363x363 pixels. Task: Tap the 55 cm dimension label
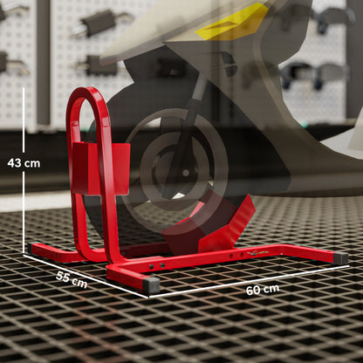pos(71,280)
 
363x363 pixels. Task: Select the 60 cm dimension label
pos(262,289)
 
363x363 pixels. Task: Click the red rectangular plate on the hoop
pos(99,168)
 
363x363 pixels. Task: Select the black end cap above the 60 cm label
pos(339,258)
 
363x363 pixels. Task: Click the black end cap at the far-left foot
pos(32,248)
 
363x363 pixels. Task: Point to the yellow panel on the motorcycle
pos(232,19)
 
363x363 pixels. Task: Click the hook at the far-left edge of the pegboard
pos(3,61)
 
